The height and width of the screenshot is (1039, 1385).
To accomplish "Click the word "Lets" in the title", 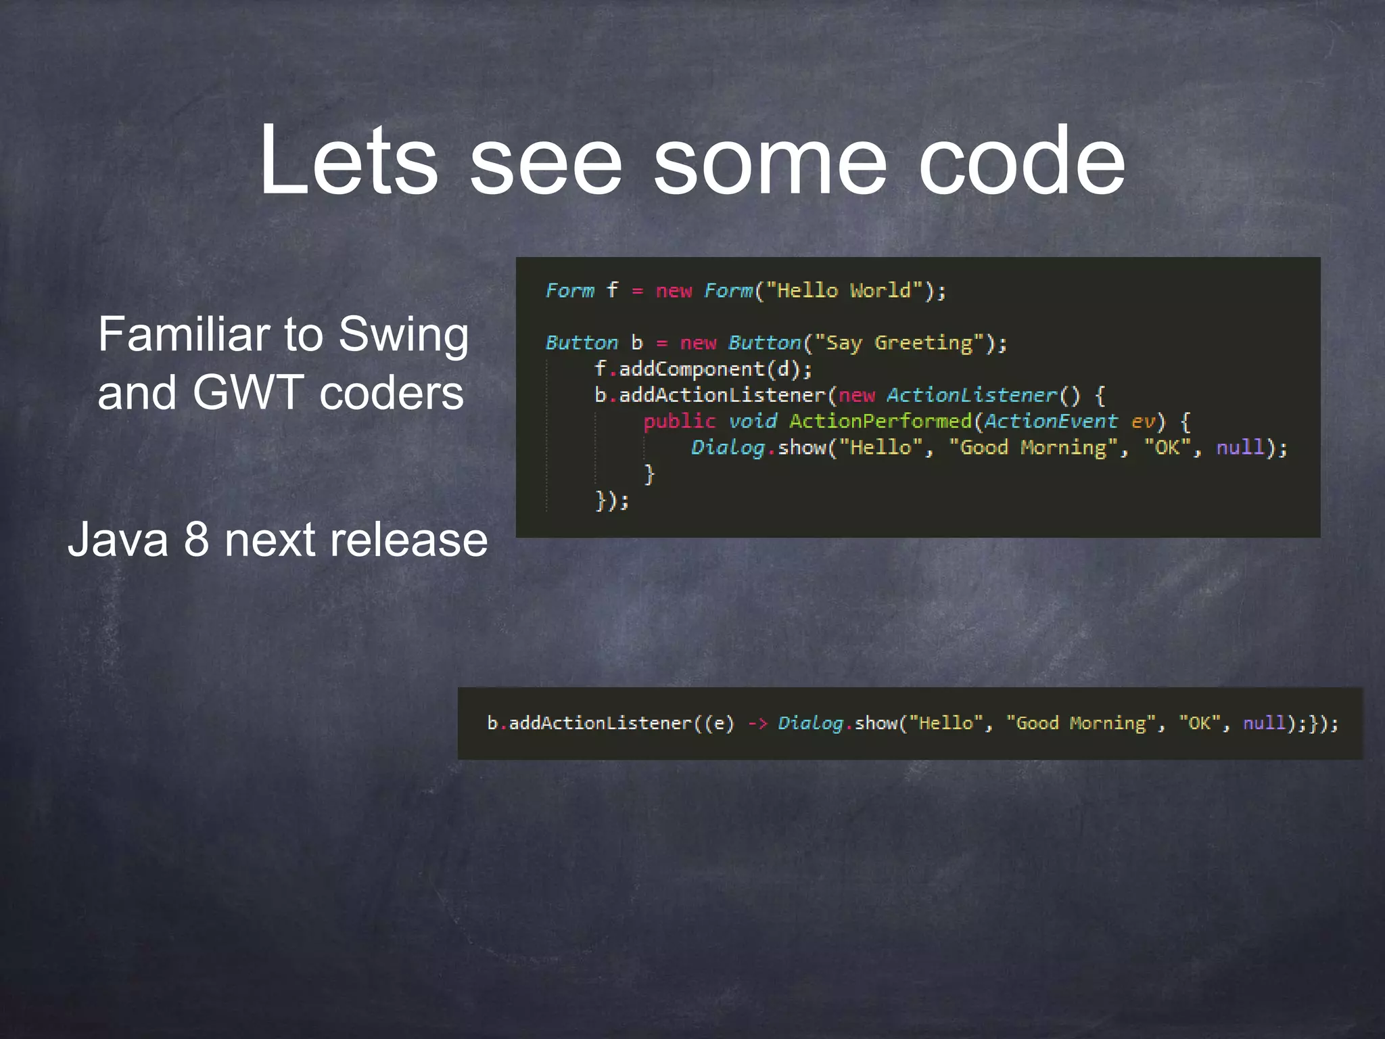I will (x=348, y=161).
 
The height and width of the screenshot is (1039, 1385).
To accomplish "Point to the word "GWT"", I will (x=248, y=393).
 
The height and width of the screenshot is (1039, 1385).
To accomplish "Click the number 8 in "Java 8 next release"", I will (x=196, y=540).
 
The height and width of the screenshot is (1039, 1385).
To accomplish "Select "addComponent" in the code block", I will (x=691, y=369).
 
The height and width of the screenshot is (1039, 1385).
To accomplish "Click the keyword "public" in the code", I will (x=679, y=421).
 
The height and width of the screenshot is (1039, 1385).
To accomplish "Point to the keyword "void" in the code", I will (x=753, y=421).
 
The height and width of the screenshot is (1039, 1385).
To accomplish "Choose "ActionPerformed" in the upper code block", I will (x=880, y=421).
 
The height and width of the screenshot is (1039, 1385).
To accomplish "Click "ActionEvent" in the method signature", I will (x=1050, y=421).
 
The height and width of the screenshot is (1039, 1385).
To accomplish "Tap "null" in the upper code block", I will (x=1240, y=447).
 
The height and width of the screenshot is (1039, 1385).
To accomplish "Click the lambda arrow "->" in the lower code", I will (x=757, y=723).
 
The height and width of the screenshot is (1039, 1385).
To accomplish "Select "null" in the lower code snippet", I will (x=1264, y=723).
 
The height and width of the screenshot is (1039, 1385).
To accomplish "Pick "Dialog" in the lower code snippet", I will (x=810, y=723).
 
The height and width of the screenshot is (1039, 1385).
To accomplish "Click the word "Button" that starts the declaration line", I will (x=582, y=343).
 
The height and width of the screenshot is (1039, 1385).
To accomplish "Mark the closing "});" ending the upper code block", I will (x=612, y=501).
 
